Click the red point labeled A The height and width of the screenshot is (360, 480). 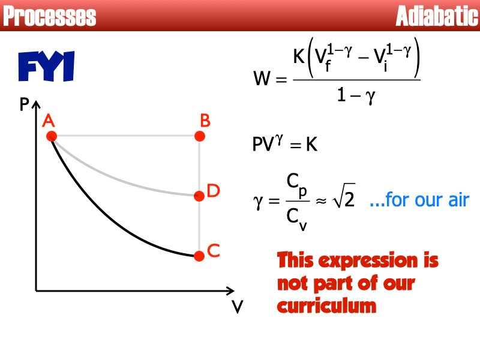point(52,136)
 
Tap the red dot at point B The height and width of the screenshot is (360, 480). point(200,136)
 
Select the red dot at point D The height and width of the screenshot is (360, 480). point(200,196)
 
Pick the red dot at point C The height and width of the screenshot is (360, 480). point(200,256)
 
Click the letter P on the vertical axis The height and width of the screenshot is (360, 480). point(25,106)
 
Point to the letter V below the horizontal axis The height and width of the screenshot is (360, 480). point(238,308)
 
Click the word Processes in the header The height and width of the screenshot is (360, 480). point(49,16)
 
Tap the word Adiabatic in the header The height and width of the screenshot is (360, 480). point(437,16)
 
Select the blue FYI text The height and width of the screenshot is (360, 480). point(46,67)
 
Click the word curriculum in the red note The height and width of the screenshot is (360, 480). point(326,306)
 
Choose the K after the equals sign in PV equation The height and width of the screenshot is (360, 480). point(311,145)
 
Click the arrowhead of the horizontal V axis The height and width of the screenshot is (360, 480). point(230,291)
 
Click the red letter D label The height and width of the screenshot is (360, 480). point(214,191)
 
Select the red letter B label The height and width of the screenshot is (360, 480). point(205,121)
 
